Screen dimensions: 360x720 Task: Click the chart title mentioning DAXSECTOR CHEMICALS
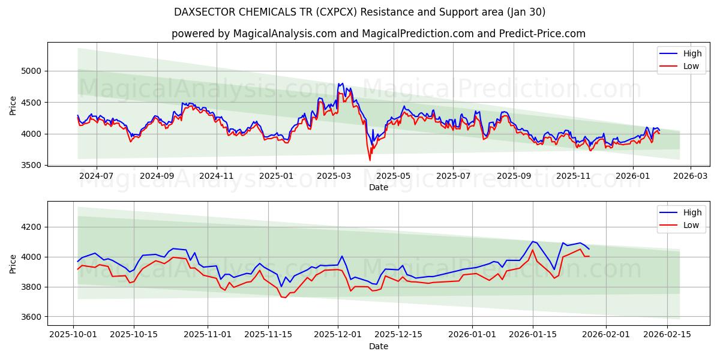point(359,12)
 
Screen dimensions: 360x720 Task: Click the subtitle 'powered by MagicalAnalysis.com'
point(378,34)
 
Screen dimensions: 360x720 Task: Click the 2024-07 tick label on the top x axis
point(96,176)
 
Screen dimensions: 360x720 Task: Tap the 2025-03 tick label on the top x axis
point(334,176)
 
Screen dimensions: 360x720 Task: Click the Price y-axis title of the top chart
point(13,106)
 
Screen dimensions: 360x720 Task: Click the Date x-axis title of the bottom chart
point(378,346)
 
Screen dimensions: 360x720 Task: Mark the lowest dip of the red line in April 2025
point(370,160)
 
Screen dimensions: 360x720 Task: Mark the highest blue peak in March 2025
point(342,83)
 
